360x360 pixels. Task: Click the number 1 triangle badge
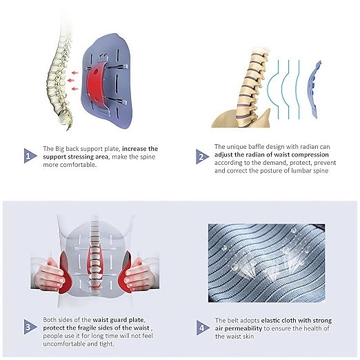[x=30, y=156]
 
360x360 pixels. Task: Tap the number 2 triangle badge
[x=201, y=157]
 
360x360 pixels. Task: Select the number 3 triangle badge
[x=30, y=327]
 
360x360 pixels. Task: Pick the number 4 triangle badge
[x=202, y=328]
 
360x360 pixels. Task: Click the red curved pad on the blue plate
[x=94, y=84]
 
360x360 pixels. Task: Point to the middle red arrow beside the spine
[x=71, y=81]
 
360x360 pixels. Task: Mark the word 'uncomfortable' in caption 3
[x=64, y=344]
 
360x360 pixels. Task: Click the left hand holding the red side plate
[x=49, y=274]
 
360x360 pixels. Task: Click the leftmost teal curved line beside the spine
[x=272, y=90]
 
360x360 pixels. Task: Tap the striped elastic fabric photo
[x=266, y=263]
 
